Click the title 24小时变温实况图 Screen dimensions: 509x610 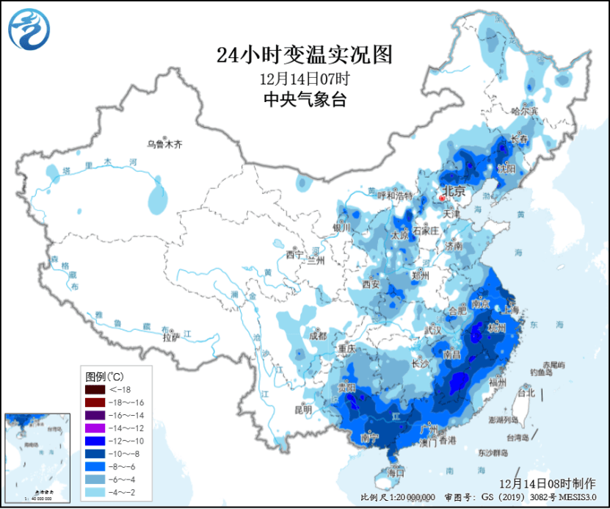(305, 54)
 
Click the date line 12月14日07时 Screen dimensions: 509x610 (305, 79)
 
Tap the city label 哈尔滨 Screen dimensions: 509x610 (525, 111)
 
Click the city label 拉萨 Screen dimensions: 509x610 (170, 338)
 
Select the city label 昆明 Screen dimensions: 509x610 (302, 409)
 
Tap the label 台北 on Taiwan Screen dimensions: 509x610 (526, 393)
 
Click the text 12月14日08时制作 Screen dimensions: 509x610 (547, 483)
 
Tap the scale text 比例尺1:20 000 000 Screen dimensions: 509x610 (398, 499)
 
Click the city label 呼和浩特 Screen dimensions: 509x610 (395, 195)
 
